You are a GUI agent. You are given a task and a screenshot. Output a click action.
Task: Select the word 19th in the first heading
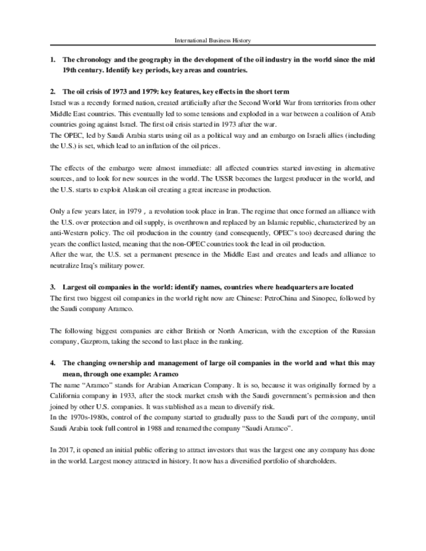tap(69, 69)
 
